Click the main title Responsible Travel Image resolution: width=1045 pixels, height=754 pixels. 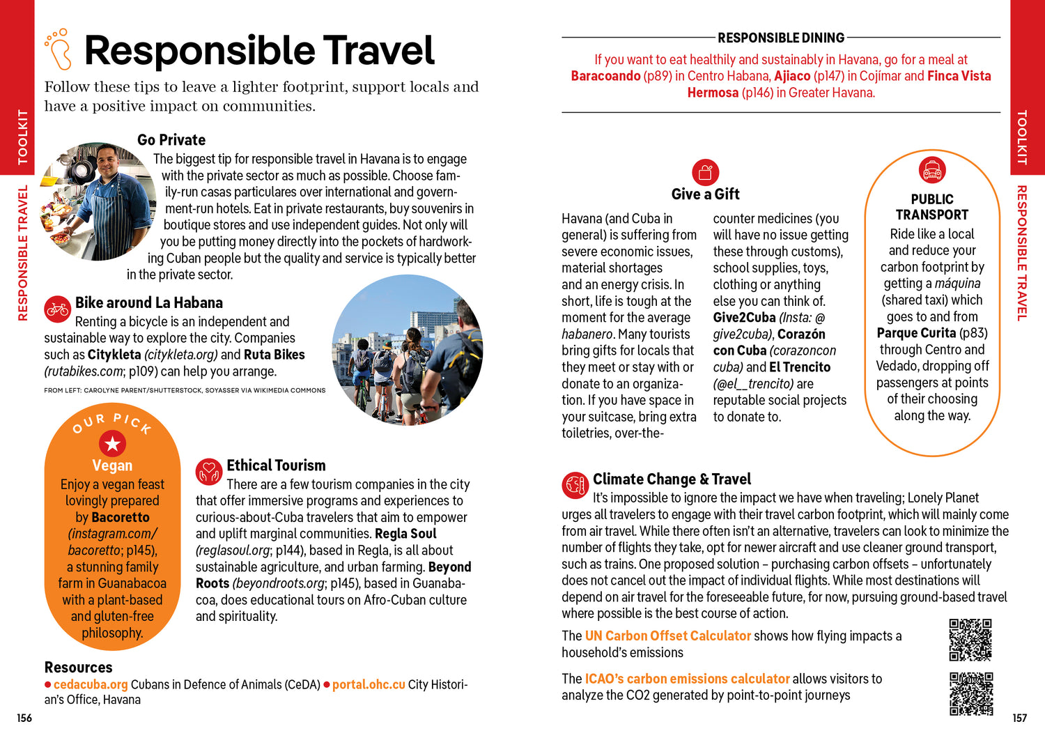click(x=259, y=51)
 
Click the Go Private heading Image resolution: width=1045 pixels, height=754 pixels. click(x=171, y=140)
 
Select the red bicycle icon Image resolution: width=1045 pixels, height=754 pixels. click(x=57, y=309)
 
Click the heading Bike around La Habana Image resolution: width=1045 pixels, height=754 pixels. click(x=149, y=302)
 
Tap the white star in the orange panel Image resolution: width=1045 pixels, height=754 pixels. click(x=112, y=443)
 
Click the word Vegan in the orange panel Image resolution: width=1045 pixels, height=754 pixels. click(x=112, y=466)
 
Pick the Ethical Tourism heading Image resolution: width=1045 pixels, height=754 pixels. click(x=276, y=466)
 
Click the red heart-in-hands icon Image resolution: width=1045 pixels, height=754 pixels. click(x=208, y=472)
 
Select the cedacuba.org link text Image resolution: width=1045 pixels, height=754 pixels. click(x=91, y=684)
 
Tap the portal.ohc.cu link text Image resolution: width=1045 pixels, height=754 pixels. click(x=369, y=684)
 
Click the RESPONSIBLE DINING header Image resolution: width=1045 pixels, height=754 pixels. click(x=781, y=38)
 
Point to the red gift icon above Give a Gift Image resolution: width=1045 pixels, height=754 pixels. click(x=705, y=171)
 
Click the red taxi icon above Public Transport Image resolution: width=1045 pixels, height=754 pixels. click(x=931, y=169)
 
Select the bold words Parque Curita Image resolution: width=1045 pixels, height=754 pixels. click(x=916, y=333)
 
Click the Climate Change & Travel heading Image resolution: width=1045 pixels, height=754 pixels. click(x=672, y=479)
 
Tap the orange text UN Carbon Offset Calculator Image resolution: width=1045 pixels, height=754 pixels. click(x=667, y=636)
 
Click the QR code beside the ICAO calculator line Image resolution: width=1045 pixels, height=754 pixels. click(x=970, y=693)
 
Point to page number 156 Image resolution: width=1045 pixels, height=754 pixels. click(x=24, y=718)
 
